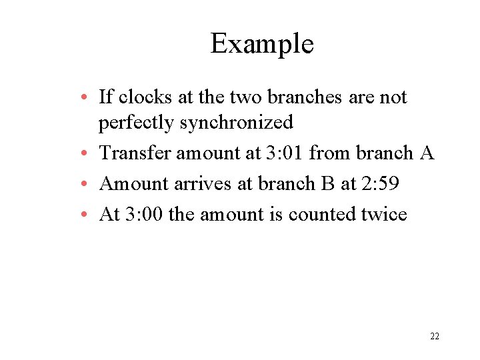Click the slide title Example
[x=262, y=45]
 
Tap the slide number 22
[x=435, y=336]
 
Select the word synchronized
[x=236, y=123]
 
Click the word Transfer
[x=135, y=153]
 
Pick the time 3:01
[x=285, y=153]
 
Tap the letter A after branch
[x=427, y=153]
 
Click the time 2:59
[x=379, y=184]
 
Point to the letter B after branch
[x=327, y=184]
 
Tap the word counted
[x=319, y=215]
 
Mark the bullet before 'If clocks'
[x=88, y=98]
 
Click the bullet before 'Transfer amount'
[x=88, y=154]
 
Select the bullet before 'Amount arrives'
[x=88, y=185]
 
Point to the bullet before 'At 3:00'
[x=88, y=215]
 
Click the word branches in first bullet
[x=305, y=97]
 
